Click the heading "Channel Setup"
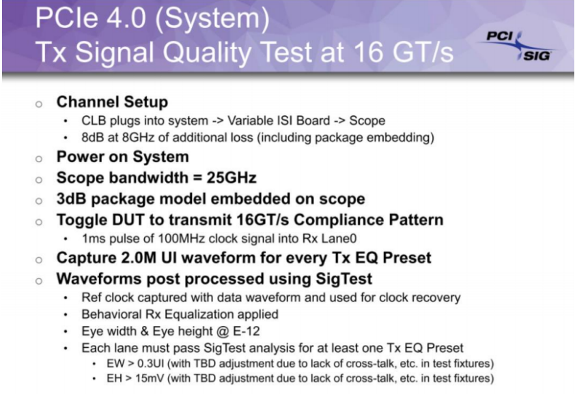click(112, 102)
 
